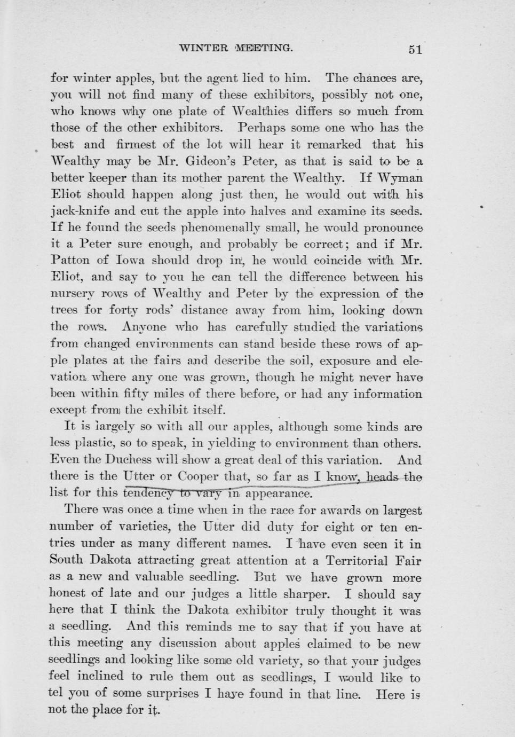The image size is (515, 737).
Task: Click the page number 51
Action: tap(415, 50)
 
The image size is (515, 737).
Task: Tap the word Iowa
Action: tap(127, 261)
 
